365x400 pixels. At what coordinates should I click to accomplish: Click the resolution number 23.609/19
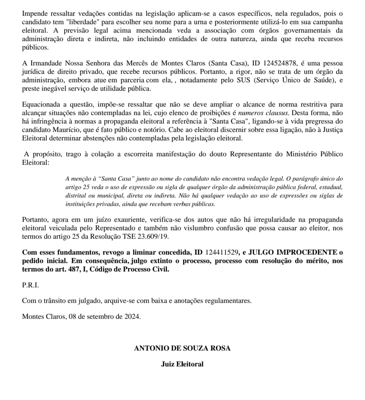pyautogui.click(x=153, y=236)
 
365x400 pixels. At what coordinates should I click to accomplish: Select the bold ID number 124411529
pyautogui.click(x=222, y=252)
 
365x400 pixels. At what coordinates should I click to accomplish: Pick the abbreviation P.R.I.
pyautogui.click(x=30, y=285)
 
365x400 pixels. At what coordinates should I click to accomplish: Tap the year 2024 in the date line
pyautogui.click(x=132, y=316)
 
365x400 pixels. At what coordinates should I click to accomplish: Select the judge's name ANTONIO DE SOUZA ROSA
pyautogui.click(x=182, y=348)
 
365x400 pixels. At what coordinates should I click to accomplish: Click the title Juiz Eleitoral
pyautogui.click(x=182, y=364)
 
